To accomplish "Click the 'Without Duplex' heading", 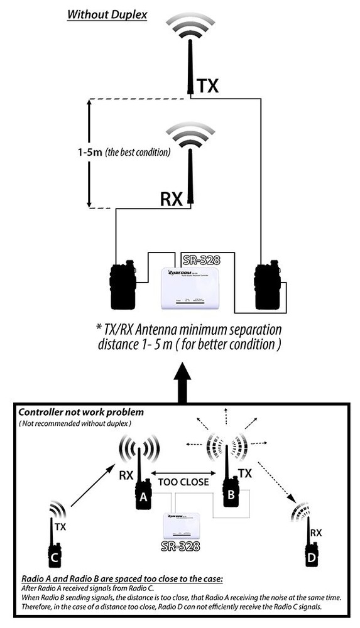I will [x=107, y=13].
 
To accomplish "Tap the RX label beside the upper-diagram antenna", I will [x=171, y=199].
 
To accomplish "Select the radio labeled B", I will [x=231, y=490].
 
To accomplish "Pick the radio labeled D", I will [x=309, y=551].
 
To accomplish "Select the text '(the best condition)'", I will [x=139, y=153].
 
